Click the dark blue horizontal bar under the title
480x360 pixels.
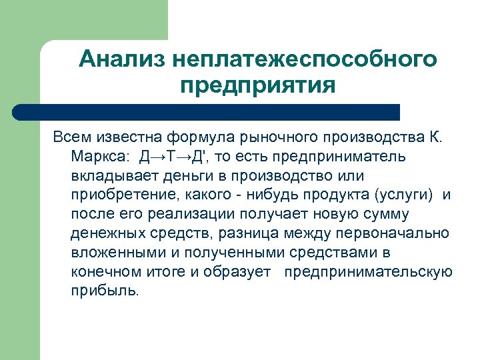pyautogui.click(x=207, y=112)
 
